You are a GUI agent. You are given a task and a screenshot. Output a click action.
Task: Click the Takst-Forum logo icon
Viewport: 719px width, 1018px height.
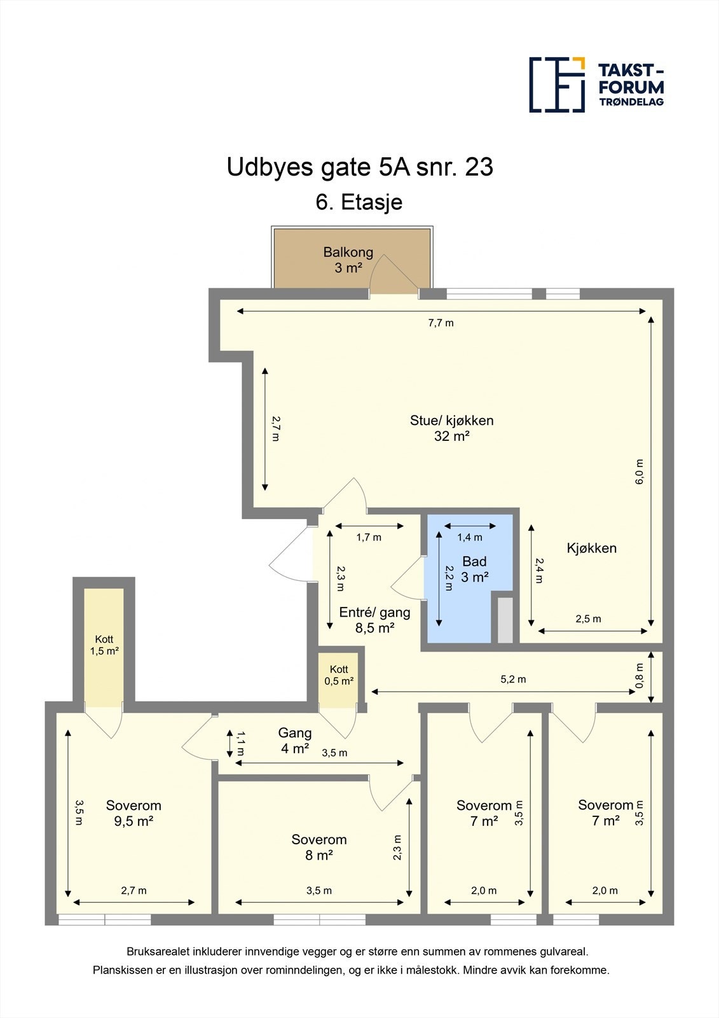point(557,85)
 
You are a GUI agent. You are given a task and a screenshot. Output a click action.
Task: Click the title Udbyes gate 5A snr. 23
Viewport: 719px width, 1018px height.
point(360,167)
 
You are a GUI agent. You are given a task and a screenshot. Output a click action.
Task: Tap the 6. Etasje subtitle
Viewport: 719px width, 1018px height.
point(359,202)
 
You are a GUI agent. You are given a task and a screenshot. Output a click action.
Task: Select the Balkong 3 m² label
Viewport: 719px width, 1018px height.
point(348,260)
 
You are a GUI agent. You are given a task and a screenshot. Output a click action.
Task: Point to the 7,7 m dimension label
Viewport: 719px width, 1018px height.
point(441,323)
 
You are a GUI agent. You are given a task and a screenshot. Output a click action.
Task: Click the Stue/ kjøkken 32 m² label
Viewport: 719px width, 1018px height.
point(451,428)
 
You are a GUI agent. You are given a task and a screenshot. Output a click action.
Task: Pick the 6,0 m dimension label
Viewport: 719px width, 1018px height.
point(639,471)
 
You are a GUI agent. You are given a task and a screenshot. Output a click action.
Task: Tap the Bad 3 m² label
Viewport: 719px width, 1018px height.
point(474,569)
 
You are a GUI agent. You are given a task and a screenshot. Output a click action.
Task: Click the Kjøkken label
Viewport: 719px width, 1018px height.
point(591,548)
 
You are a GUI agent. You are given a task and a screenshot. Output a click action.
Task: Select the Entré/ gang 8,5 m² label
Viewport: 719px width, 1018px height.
point(374,620)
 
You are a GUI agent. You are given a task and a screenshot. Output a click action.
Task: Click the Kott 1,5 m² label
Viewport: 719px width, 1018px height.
point(104,645)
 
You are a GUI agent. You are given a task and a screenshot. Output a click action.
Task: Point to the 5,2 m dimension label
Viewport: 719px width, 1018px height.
point(513,679)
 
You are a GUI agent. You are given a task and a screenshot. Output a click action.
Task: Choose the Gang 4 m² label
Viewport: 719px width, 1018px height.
point(295,741)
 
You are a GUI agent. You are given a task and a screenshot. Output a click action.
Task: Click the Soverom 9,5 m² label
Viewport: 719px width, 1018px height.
point(134,813)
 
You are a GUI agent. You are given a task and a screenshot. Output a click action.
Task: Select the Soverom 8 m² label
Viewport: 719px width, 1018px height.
point(318,847)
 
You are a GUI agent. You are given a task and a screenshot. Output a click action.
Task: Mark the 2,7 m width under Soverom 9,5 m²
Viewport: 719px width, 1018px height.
point(134,890)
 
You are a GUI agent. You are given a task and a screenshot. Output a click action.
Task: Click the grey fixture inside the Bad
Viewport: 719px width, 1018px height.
point(505,620)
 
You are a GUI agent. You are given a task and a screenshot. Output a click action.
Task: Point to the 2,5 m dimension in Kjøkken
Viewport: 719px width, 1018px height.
point(588,618)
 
